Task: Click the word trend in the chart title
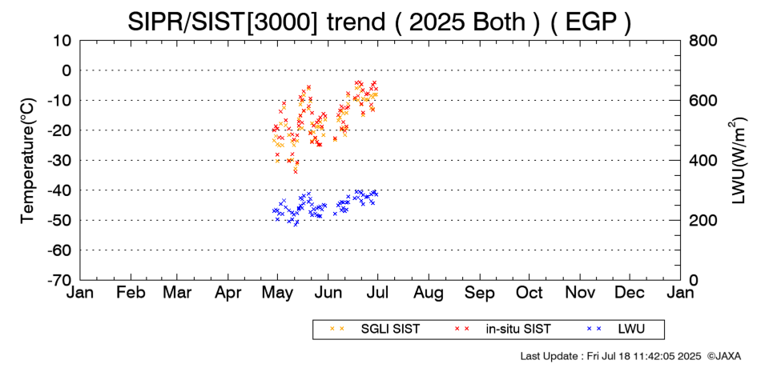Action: click(355, 22)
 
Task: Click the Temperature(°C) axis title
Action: click(28, 161)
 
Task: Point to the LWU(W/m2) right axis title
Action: click(737, 161)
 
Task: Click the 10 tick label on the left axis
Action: click(62, 40)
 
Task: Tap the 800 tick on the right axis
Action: click(702, 40)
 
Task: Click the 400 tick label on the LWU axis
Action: click(702, 161)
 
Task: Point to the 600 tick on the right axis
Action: click(702, 100)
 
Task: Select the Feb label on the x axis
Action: click(131, 293)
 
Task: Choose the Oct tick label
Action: click(529, 293)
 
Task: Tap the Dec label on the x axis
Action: click(630, 293)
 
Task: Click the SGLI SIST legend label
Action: click(390, 330)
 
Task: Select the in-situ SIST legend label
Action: click(518, 330)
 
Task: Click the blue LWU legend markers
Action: click(594, 329)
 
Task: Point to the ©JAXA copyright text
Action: click(724, 356)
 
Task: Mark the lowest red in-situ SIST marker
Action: click(295, 171)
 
